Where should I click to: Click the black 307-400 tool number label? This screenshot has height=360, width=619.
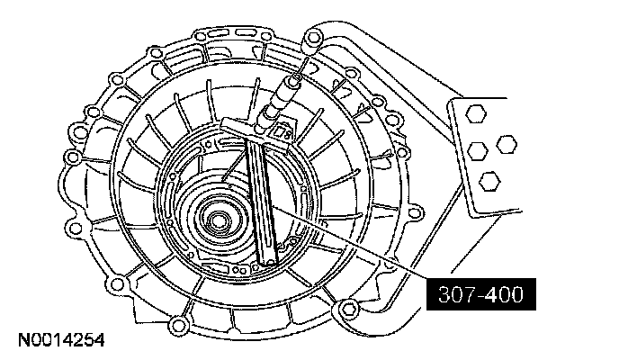[x=481, y=294]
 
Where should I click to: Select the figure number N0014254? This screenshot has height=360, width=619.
[x=61, y=340]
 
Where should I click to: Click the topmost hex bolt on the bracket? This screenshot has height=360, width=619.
[x=476, y=114]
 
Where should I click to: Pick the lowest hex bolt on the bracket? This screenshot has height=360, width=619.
[x=490, y=182]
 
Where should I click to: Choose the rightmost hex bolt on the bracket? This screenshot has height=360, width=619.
[x=507, y=144]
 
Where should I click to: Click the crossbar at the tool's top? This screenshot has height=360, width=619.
[x=255, y=133]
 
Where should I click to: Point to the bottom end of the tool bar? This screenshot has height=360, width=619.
[x=268, y=261]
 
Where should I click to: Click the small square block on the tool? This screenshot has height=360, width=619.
[x=283, y=132]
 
